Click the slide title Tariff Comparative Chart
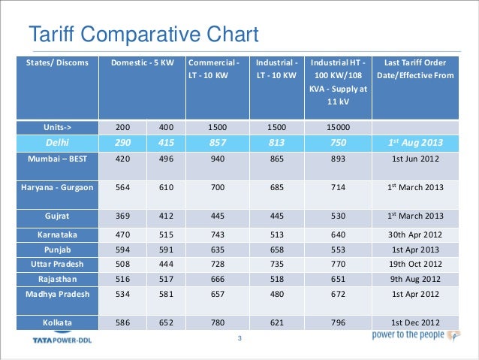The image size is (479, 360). click(143, 35)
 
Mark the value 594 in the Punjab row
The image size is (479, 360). click(123, 249)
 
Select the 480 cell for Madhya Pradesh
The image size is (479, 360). click(277, 293)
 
